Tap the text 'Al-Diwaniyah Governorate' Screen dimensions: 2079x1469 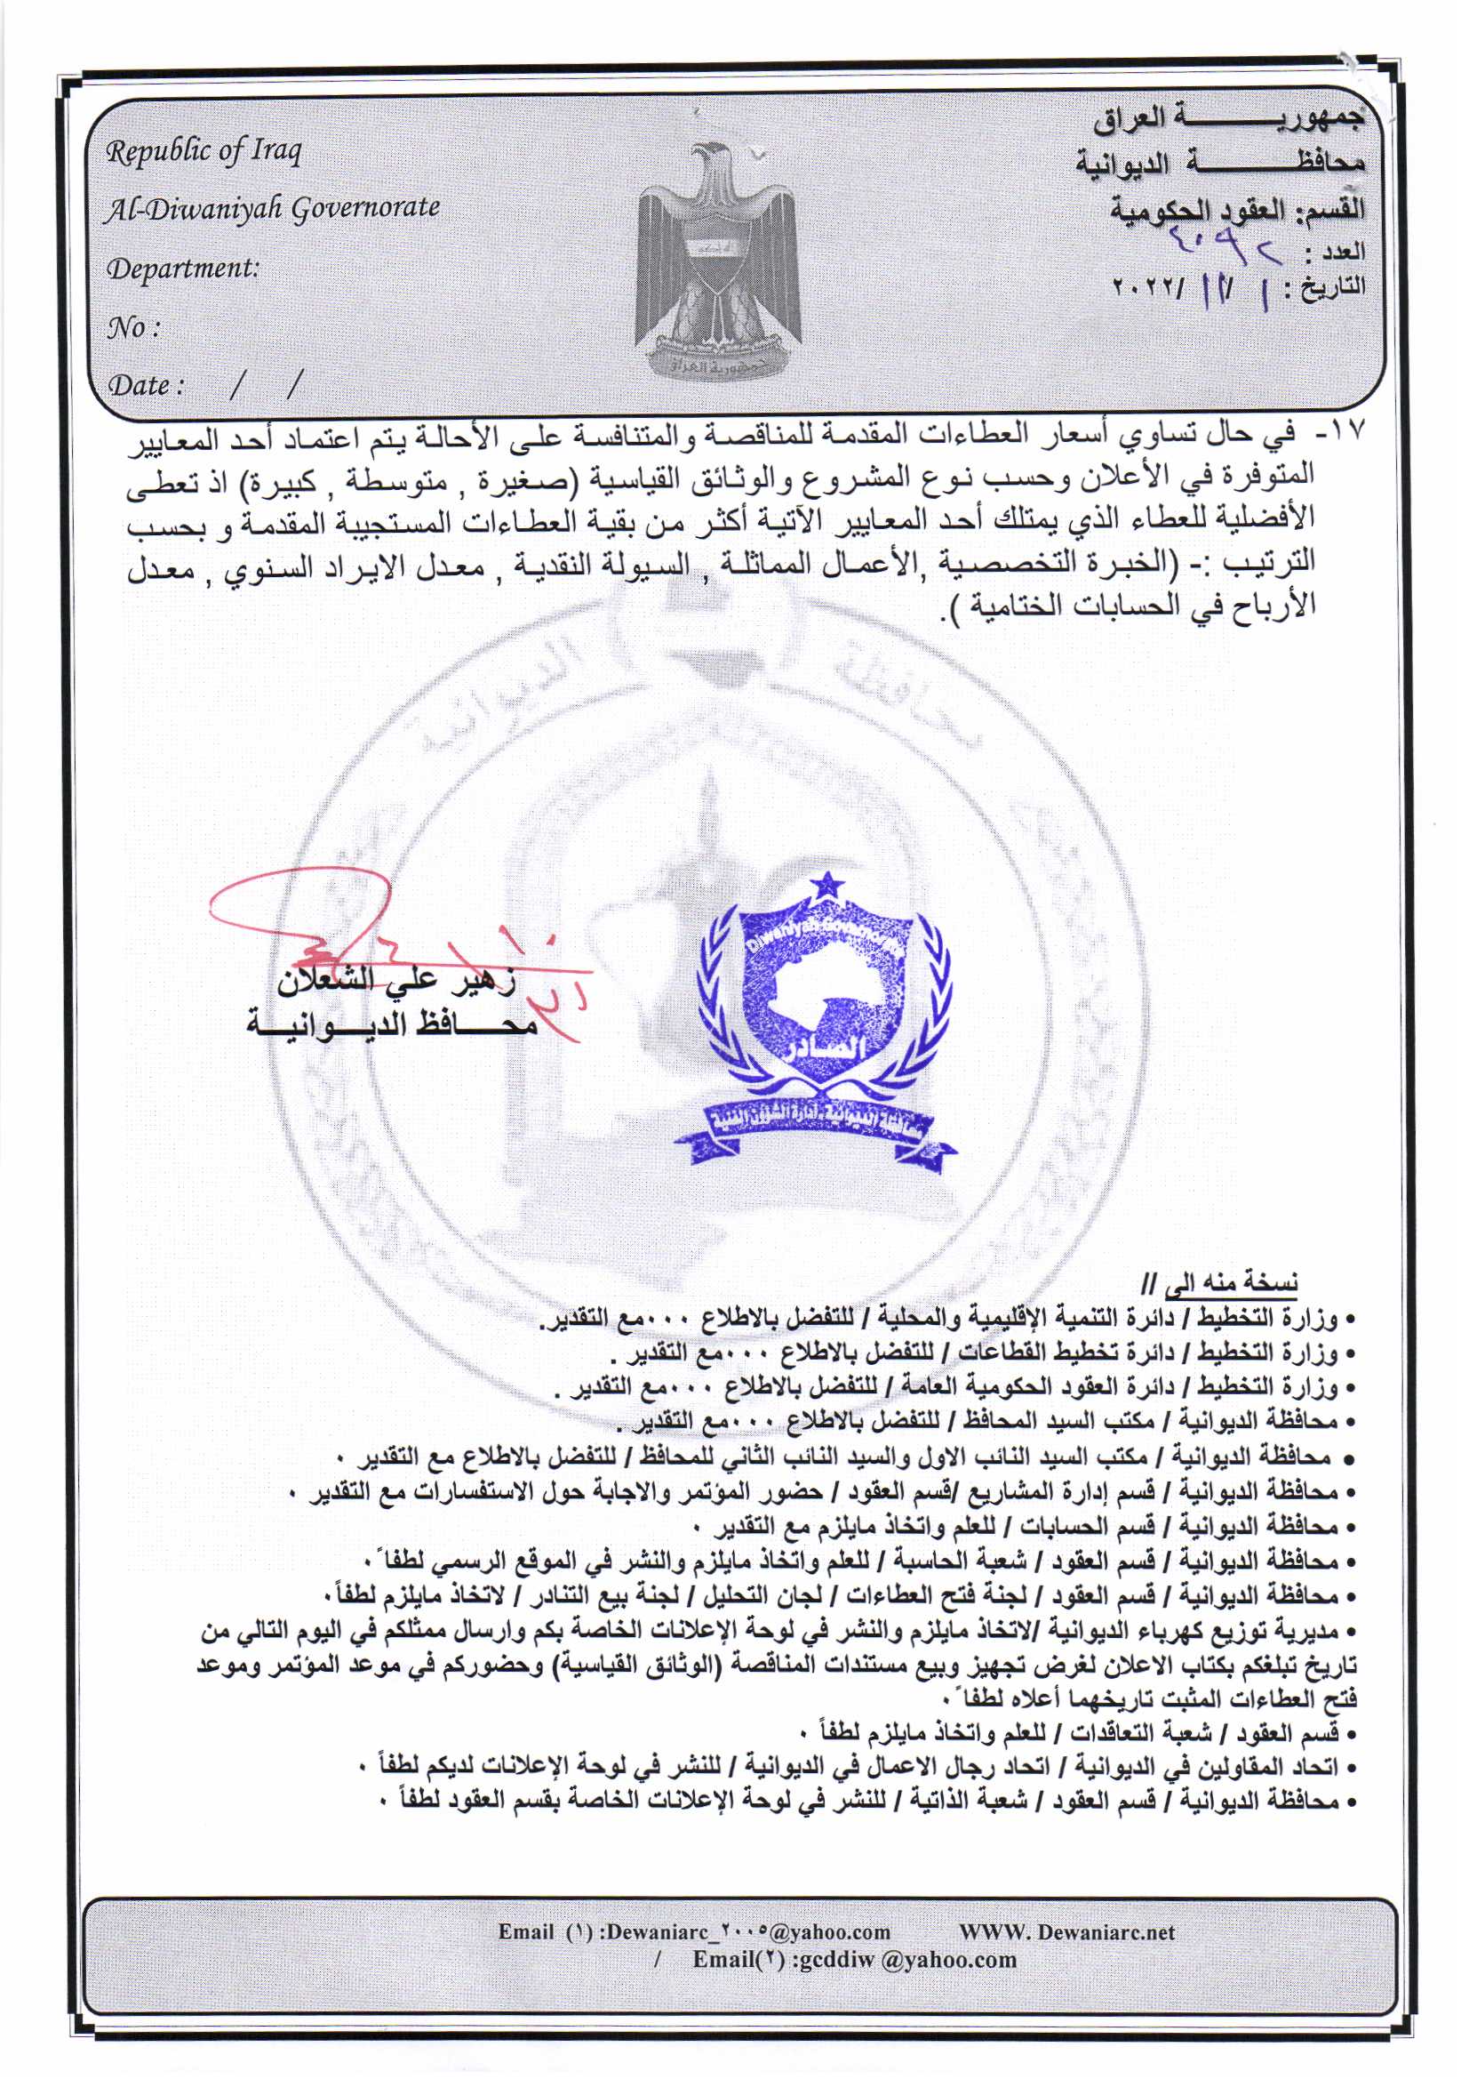(x=272, y=209)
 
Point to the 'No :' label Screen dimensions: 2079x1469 (x=133, y=327)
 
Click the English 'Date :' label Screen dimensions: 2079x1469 (x=147, y=386)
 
